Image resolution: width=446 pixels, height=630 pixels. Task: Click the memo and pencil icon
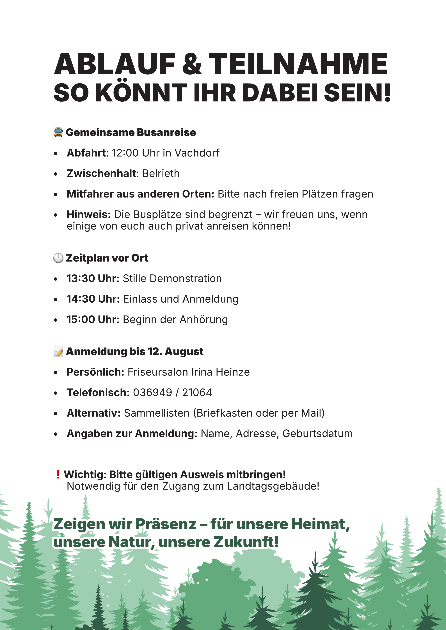coord(58,351)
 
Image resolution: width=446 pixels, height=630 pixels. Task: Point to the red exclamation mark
coord(58,474)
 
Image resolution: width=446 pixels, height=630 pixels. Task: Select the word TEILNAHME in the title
coord(298,64)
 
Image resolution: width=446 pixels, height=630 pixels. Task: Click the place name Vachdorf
coord(197,153)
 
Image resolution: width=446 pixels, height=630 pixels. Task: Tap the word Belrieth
coord(161,173)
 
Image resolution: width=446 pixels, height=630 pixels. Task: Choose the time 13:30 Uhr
coord(93,279)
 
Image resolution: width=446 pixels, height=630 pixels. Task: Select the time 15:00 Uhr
coord(93,320)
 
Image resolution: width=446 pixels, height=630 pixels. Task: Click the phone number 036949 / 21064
coord(172,393)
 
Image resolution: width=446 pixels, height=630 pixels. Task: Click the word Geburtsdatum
coord(317,434)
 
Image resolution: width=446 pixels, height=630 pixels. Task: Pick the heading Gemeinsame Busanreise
coord(131,132)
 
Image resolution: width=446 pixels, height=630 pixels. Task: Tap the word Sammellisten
coord(157,413)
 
